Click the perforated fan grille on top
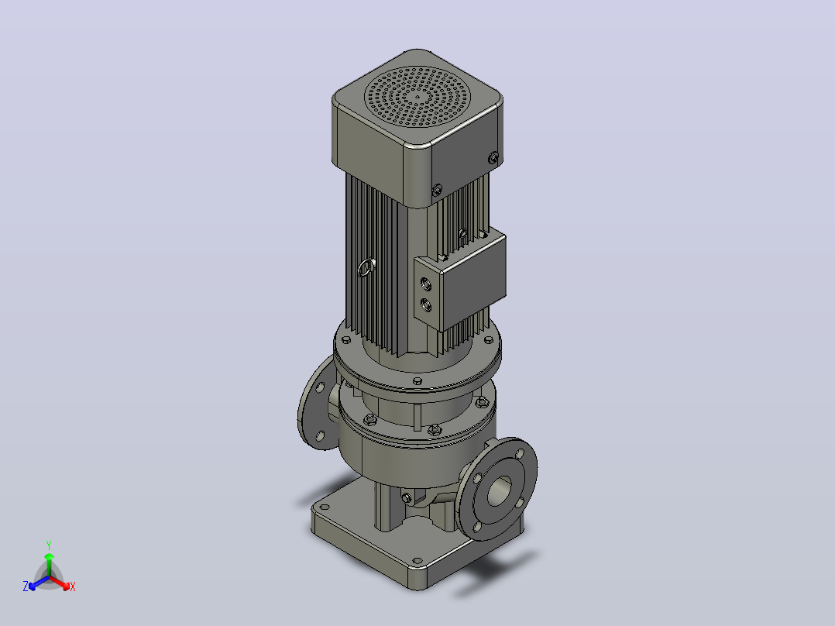pos(417,96)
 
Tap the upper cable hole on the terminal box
pos(426,284)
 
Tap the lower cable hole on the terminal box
pos(426,305)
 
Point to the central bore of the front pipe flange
pos(499,490)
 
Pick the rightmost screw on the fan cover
pos(493,158)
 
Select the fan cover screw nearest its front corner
pos(437,190)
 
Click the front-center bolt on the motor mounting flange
pos(417,381)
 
